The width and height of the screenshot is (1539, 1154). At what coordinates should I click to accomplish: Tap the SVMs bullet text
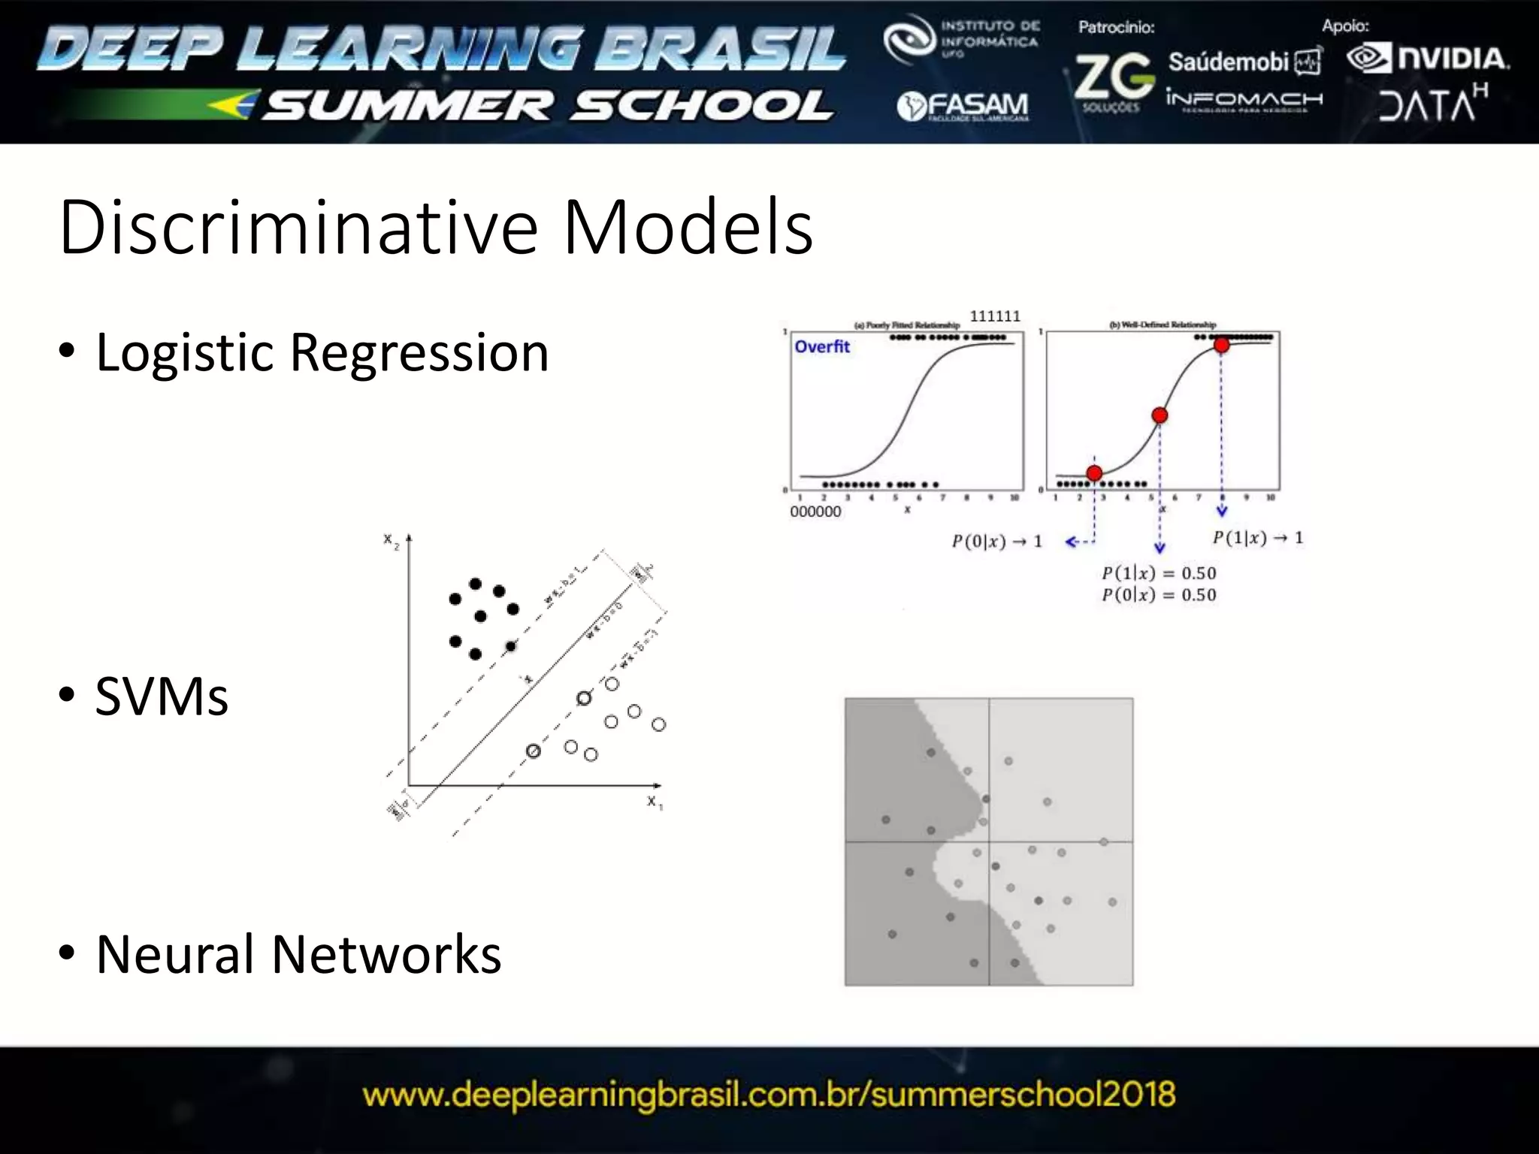pyautogui.click(x=162, y=696)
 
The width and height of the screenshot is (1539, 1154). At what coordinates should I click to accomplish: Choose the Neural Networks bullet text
pyautogui.click(x=298, y=954)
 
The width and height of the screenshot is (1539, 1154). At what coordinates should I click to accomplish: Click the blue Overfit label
pyautogui.click(x=822, y=346)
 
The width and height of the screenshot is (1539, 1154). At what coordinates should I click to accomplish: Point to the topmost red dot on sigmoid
pyautogui.click(x=1222, y=345)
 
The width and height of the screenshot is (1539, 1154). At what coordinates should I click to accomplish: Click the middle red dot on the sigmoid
pyautogui.click(x=1160, y=415)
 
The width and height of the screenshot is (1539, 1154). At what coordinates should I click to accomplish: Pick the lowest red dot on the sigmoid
pyautogui.click(x=1095, y=473)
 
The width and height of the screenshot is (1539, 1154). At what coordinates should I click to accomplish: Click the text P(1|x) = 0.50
pyautogui.click(x=1159, y=573)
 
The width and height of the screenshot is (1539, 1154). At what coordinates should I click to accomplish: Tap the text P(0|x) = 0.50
pyautogui.click(x=1159, y=595)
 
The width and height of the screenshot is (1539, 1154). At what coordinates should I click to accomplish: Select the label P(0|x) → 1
pyautogui.click(x=996, y=542)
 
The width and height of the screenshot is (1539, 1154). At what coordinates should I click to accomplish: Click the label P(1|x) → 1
pyautogui.click(x=1258, y=538)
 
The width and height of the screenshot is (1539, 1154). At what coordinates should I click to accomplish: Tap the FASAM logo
pyautogui.click(x=963, y=107)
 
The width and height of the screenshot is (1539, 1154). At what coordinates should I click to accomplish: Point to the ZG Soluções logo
pyautogui.click(x=1113, y=81)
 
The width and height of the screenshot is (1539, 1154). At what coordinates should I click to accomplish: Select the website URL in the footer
pyautogui.click(x=769, y=1095)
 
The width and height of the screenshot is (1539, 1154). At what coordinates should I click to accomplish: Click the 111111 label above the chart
pyautogui.click(x=995, y=316)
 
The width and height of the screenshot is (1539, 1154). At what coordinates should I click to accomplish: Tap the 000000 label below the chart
pyautogui.click(x=815, y=512)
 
